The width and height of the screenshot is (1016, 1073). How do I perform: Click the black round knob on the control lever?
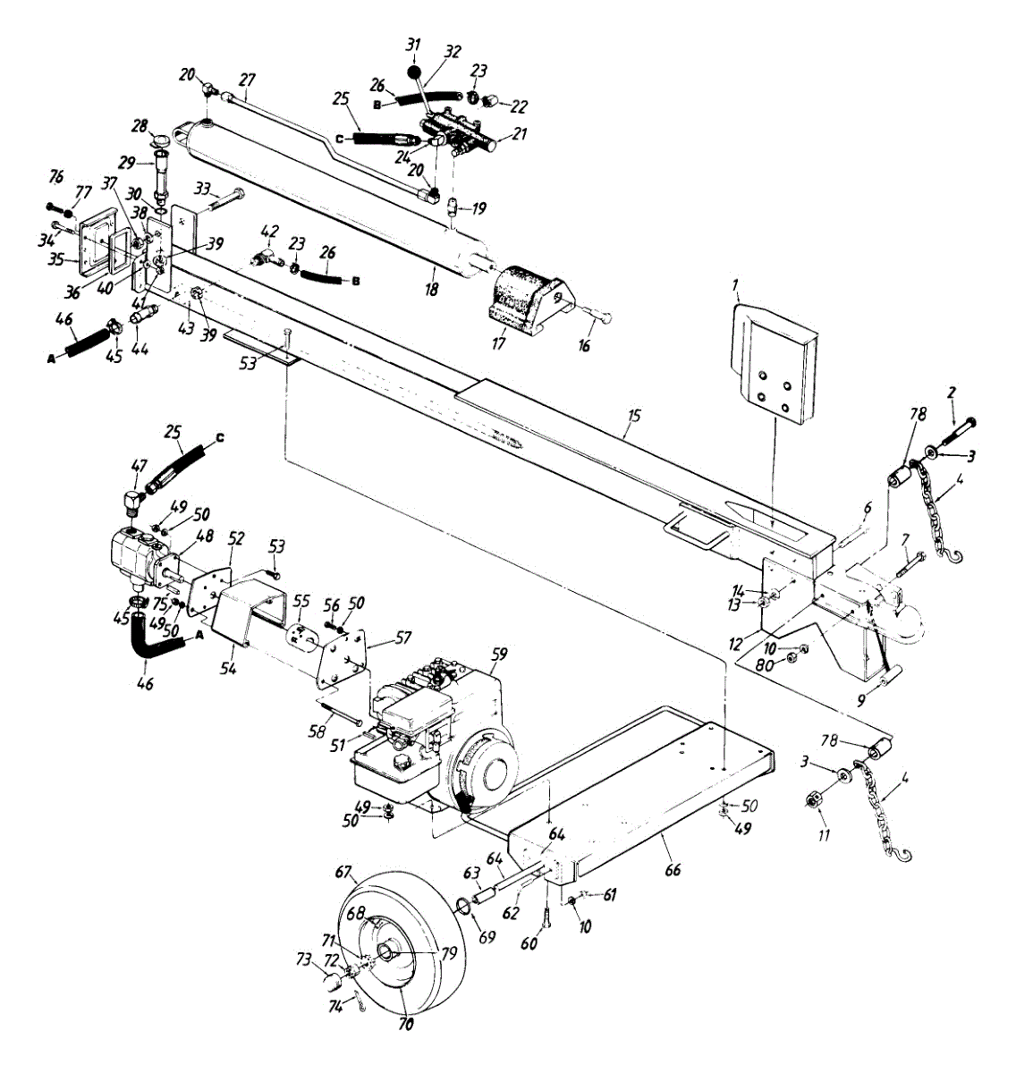(413, 72)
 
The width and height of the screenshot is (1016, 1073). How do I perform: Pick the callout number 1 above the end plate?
(734, 286)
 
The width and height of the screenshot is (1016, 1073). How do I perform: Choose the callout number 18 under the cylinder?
(432, 290)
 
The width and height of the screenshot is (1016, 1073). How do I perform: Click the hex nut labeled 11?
(815, 800)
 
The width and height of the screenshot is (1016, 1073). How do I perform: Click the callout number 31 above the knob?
(412, 45)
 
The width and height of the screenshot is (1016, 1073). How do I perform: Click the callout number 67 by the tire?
(344, 872)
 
